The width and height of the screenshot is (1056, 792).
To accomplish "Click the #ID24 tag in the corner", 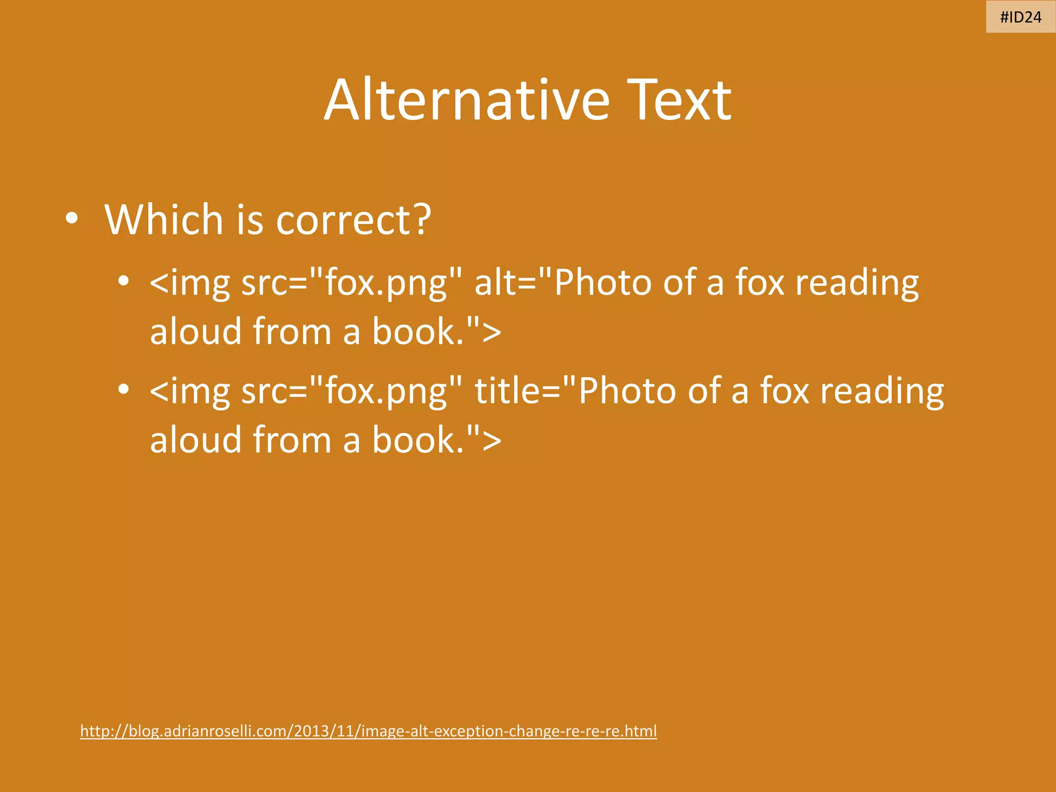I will pos(1020,17).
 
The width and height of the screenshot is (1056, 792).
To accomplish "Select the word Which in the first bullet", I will pos(163,220).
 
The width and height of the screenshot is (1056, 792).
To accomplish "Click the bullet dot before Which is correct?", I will pos(72,219).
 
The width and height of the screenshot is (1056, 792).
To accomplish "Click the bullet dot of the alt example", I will pos(123,282).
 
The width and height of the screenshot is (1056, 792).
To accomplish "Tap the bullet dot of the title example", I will pos(123,389).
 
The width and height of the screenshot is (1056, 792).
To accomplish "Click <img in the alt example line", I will pos(189,284).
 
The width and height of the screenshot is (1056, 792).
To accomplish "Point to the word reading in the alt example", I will pos(857,284).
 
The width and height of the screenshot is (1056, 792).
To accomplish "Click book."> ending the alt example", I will pos(436,332).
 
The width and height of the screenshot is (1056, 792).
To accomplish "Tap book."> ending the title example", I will pos(436,440).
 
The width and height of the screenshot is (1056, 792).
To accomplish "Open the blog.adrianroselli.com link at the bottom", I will pos(368,731).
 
